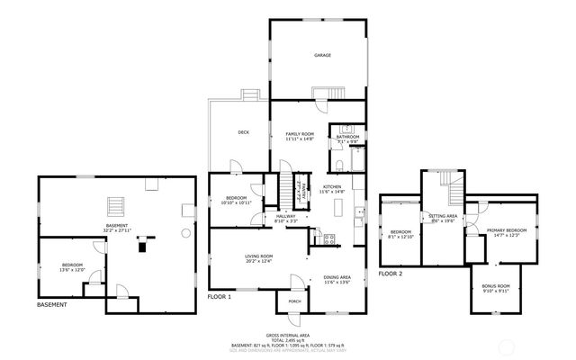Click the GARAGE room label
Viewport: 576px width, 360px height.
click(x=321, y=55)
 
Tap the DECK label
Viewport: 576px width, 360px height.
click(x=243, y=132)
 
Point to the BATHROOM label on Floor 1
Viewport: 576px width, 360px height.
click(x=347, y=137)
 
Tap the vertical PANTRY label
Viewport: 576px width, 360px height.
click(x=304, y=189)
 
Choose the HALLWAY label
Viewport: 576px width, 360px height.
click(x=285, y=216)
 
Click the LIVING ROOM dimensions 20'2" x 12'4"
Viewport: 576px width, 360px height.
click(x=258, y=262)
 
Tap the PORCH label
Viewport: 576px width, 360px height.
click(x=294, y=301)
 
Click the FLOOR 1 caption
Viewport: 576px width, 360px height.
click(x=220, y=297)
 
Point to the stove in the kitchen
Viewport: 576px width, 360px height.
click(x=328, y=238)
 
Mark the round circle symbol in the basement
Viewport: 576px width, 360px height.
click(x=185, y=231)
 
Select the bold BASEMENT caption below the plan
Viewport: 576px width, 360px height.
click(x=51, y=305)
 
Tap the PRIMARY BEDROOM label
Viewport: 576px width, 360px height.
click(x=507, y=230)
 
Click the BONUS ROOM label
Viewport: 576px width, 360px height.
click(x=496, y=286)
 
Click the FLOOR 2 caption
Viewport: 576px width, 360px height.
click(x=390, y=273)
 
